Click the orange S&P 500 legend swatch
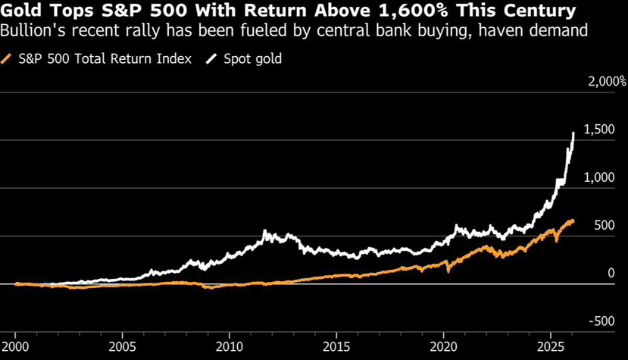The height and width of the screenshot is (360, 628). pos(8,58)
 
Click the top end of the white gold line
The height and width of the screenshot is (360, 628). pos(573,133)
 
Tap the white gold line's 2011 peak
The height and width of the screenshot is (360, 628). pos(264,231)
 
